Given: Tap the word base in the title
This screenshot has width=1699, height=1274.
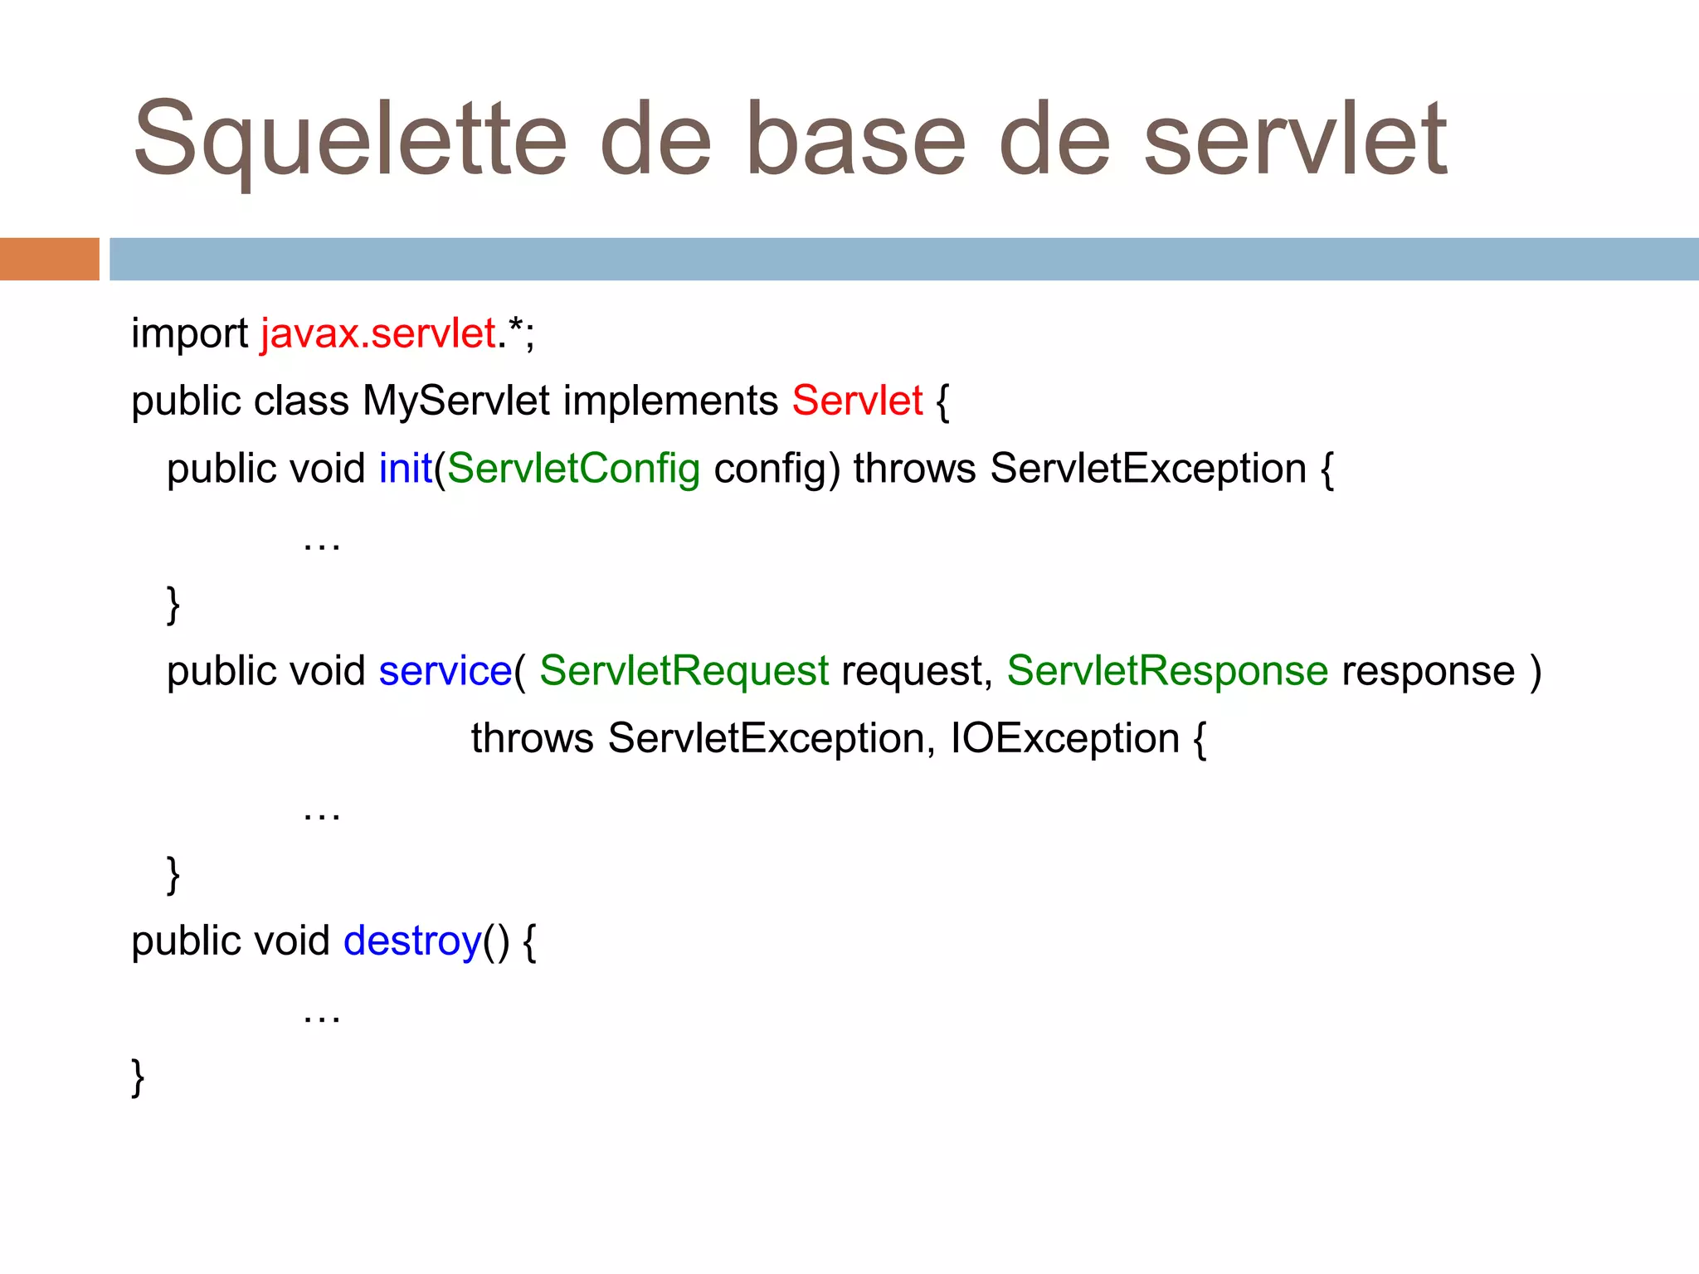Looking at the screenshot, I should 855,139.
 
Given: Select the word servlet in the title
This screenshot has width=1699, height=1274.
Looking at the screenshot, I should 1295,139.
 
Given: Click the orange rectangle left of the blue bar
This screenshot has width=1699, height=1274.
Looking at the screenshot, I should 49,259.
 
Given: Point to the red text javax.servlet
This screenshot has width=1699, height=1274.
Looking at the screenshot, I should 378,333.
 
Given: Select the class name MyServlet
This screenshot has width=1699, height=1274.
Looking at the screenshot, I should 455,401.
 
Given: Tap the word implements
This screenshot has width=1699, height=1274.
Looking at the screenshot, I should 670,401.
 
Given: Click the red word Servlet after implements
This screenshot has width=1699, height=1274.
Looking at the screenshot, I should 857,401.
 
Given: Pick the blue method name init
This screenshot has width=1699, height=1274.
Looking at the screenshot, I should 406,469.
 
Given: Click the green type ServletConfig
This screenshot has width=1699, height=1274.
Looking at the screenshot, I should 573,469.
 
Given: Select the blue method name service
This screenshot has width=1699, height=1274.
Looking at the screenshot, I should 445,671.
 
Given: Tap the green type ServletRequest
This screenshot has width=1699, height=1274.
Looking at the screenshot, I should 684,671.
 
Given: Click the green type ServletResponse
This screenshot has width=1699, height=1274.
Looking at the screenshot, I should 1167,671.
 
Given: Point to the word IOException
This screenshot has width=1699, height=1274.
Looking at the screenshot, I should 1064,738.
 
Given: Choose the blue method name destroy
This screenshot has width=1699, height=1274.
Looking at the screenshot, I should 412,941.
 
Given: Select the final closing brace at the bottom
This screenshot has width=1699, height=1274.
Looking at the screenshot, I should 139,1077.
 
